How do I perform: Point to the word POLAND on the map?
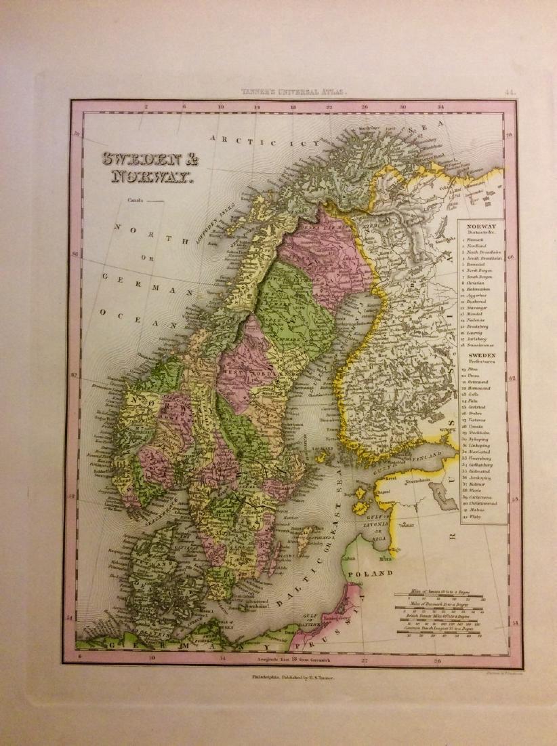pos(371,574)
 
